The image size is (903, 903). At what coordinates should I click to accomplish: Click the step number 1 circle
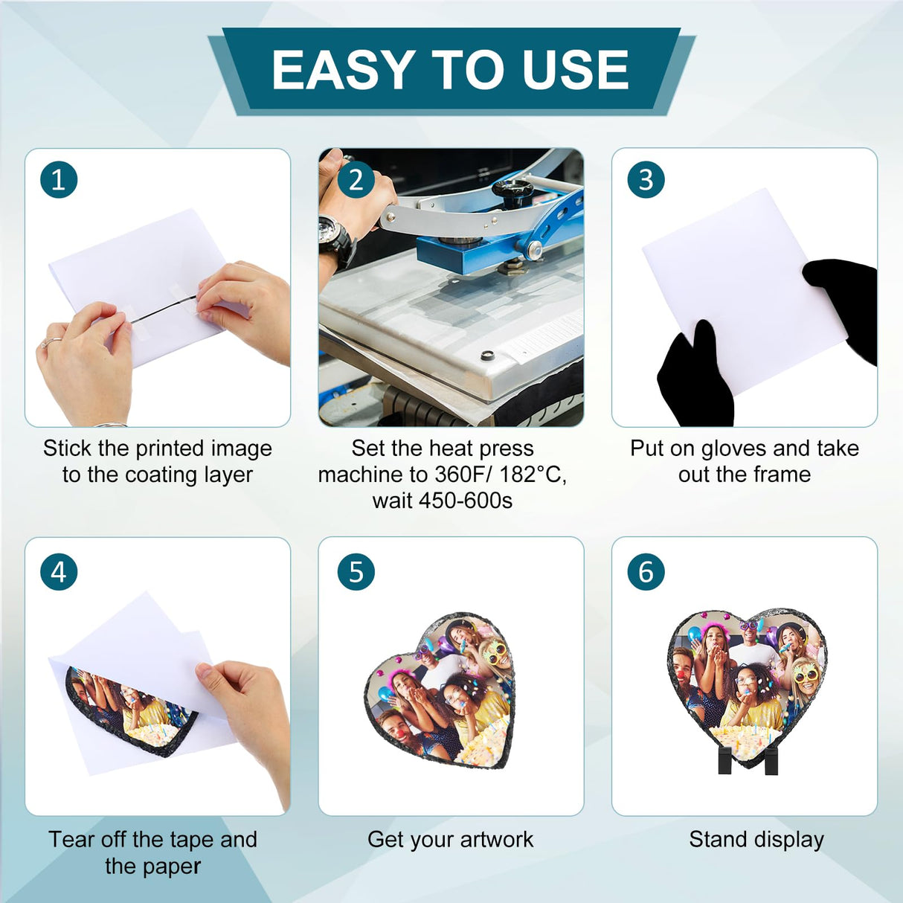point(59,179)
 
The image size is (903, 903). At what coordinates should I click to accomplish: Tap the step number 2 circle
point(356,179)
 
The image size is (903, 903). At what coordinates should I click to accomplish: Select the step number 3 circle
point(646,179)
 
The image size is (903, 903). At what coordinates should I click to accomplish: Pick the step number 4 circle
point(59,571)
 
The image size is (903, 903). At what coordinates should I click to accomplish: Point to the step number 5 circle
point(356,571)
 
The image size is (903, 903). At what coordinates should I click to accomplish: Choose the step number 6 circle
point(646,571)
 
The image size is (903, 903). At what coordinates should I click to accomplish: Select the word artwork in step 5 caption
point(497,839)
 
